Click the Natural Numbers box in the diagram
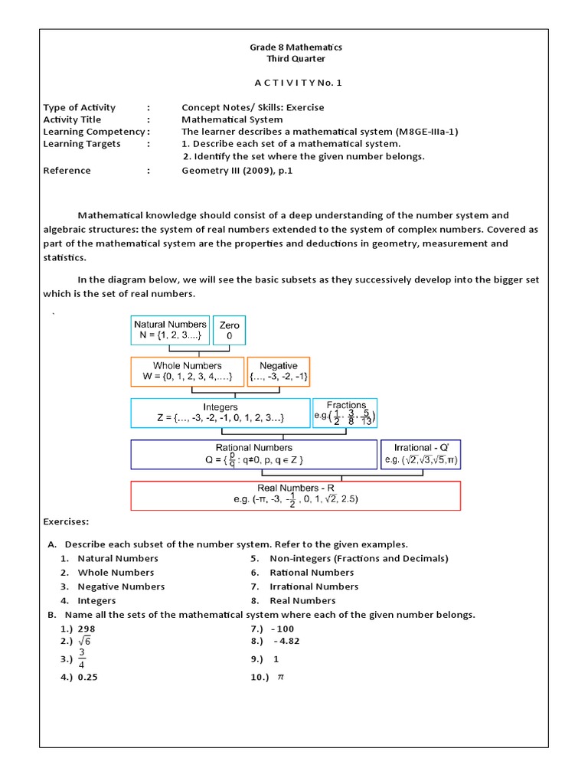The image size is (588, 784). tap(170, 330)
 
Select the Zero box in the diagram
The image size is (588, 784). tap(229, 330)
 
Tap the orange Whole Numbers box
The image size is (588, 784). tap(187, 371)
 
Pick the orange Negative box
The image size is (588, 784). tap(278, 371)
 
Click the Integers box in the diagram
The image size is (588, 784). tap(220, 413)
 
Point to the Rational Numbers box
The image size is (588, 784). tap(254, 453)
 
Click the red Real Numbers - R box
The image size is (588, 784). tap(296, 495)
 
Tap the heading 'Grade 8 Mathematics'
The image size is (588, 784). tap(296, 47)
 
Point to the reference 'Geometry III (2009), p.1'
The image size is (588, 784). tap(237, 171)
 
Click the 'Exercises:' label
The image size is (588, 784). tap(66, 521)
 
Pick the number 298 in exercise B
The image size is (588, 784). tap(87, 628)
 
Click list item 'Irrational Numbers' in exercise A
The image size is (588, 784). tap(314, 586)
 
